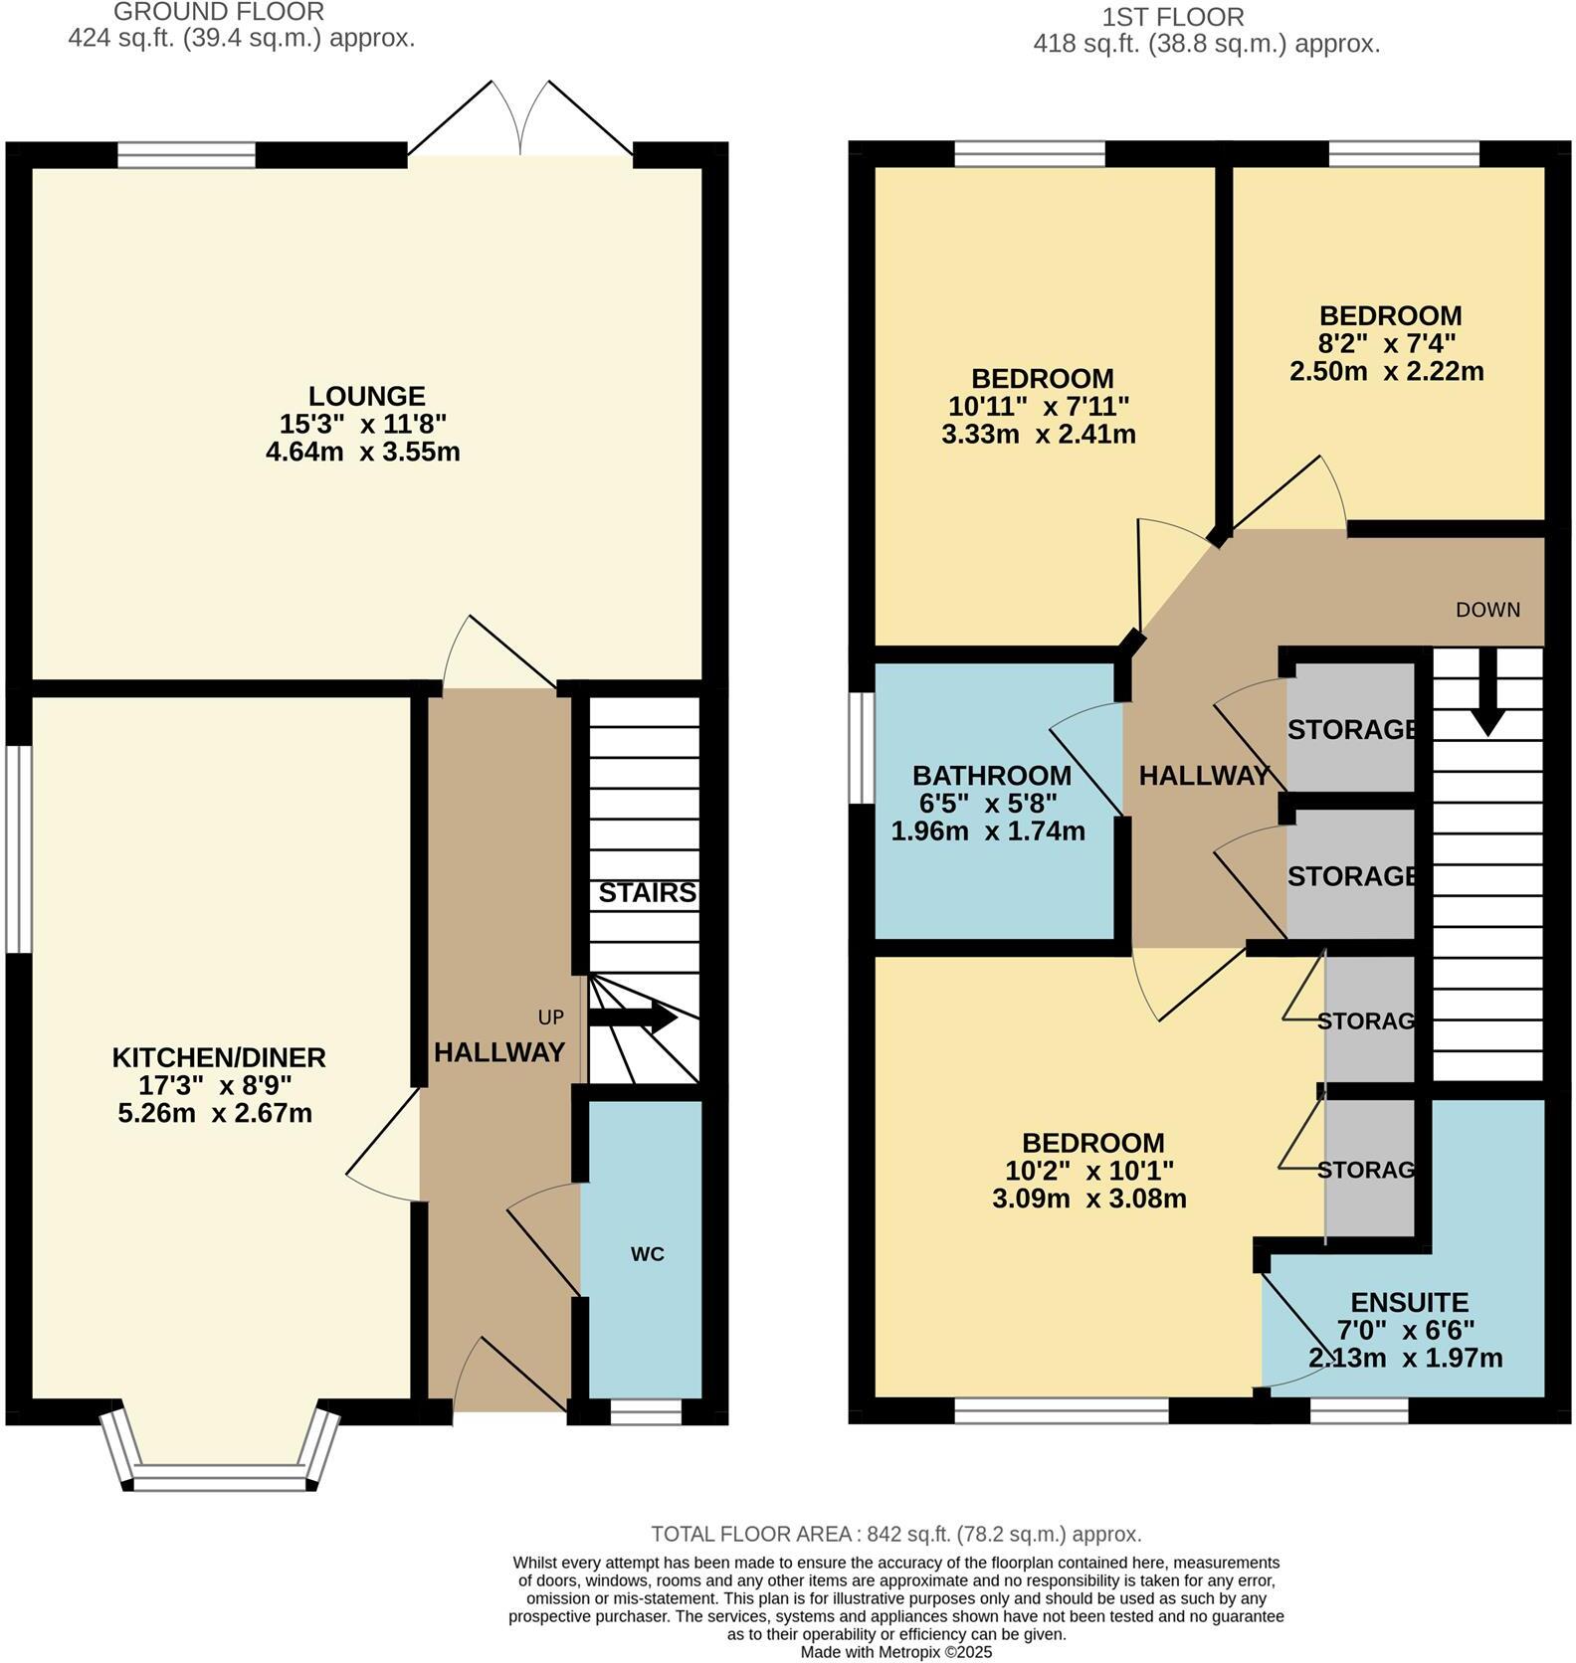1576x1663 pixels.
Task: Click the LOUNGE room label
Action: [x=366, y=396]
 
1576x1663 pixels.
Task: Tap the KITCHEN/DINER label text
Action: [x=219, y=1057]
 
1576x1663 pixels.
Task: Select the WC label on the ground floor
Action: [x=647, y=1254]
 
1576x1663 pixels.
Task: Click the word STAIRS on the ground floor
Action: [x=647, y=893]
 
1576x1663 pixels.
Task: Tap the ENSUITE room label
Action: [x=1409, y=1303]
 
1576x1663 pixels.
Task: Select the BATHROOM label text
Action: [x=991, y=775]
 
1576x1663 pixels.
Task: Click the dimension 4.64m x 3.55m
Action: [x=363, y=452]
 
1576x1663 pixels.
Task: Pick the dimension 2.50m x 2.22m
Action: [x=1387, y=372]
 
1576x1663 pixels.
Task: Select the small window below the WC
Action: [x=646, y=1412]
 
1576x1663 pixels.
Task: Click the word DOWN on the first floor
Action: [x=1487, y=610]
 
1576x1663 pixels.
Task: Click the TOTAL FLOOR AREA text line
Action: [x=895, y=1534]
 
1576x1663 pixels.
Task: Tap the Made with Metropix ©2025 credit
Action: [x=896, y=1652]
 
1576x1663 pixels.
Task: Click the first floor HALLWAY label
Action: [x=1203, y=776]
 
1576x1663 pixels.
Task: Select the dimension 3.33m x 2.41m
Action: [x=1038, y=435]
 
